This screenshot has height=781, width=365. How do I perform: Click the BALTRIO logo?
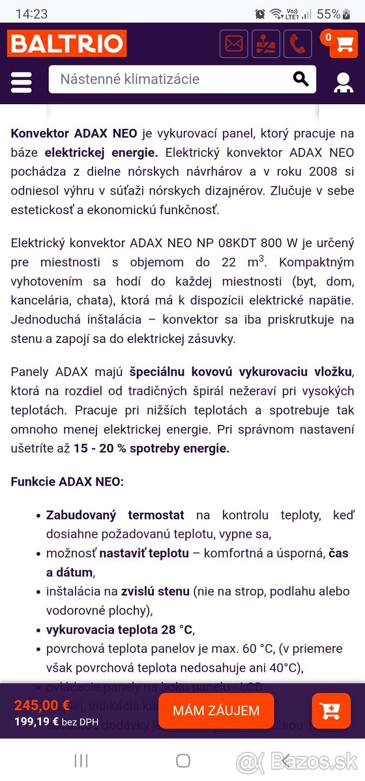[66, 44]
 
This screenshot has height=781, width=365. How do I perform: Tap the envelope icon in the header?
[234, 44]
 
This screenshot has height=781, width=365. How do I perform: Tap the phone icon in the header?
[297, 44]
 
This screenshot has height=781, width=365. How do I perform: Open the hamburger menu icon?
[22, 82]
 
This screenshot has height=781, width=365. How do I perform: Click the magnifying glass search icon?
[300, 79]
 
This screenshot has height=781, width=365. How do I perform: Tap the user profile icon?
[343, 83]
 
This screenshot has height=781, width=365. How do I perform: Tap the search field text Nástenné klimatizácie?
[130, 79]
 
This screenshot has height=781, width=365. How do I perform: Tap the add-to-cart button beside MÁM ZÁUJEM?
[331, 711]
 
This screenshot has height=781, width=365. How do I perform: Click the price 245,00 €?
[42, 705]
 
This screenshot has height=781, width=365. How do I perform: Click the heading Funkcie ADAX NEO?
[67, 482]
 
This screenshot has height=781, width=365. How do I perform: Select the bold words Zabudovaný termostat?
[115, 515]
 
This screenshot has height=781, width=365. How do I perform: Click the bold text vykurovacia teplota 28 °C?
[119, 629]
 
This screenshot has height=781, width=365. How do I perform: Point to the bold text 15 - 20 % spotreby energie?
[151, 448]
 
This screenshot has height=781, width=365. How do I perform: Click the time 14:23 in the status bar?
[31, 14]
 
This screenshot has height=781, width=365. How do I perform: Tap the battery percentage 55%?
[328, 14]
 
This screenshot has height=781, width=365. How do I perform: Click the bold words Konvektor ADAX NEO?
[74, 133]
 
